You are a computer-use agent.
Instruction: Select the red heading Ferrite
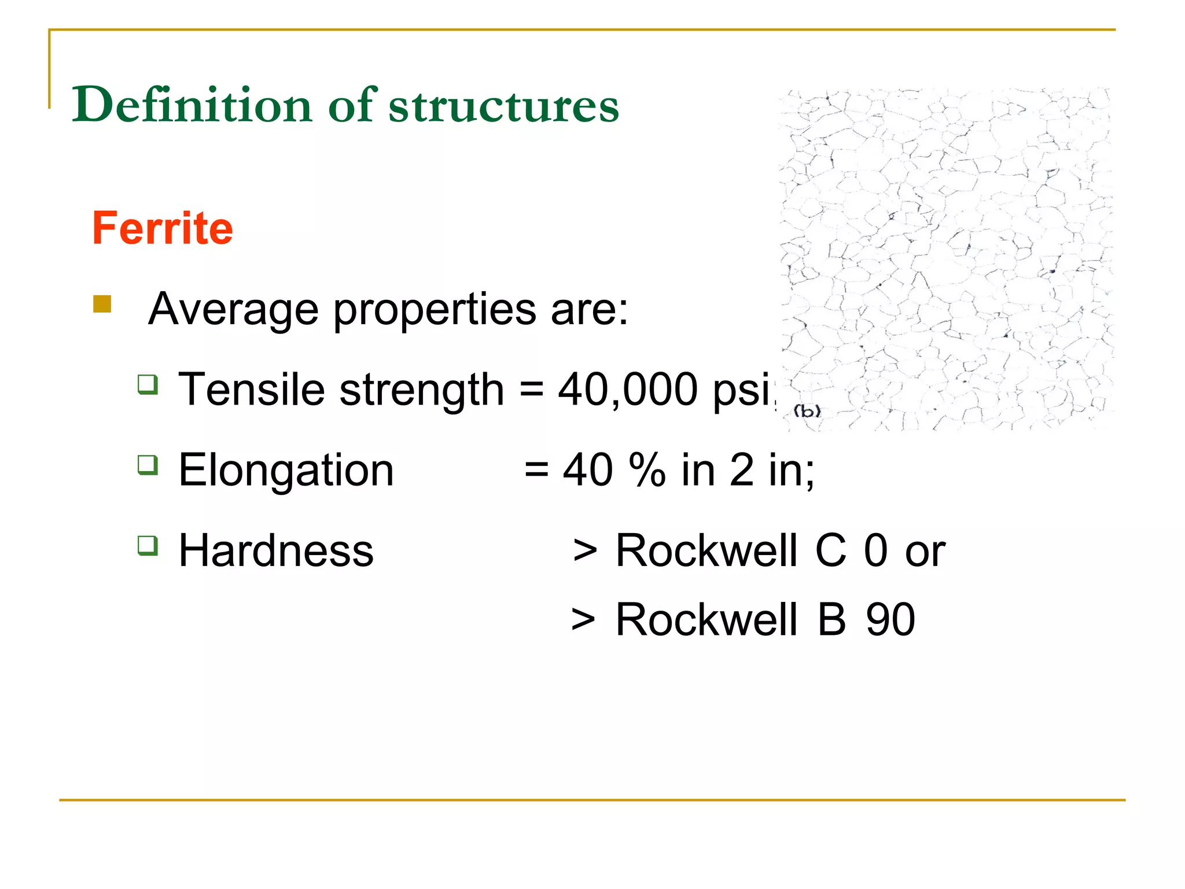click(163, 229)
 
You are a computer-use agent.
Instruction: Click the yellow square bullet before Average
click(102, 304)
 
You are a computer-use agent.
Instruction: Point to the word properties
click(435, 310)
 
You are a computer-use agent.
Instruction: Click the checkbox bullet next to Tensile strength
click(148, 384)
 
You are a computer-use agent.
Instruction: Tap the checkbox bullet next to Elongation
click(148, 465)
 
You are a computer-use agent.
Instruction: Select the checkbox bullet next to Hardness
click(148, 545)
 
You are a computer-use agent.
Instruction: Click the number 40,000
click(628, 390)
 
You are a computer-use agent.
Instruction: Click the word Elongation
click(286, 470)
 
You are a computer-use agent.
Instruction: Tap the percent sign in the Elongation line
click(647, 470)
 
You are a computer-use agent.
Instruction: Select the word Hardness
click(276, 550)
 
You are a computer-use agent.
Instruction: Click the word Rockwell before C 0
click(706, 550)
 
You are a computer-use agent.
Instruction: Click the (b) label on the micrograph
click(807, 412)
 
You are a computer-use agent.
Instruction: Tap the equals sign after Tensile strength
click(531, 390)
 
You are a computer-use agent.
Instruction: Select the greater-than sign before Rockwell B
click(583, 620)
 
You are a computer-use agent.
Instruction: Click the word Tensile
click(252, 390)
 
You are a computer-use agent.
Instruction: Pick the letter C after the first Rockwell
click(830, 550)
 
